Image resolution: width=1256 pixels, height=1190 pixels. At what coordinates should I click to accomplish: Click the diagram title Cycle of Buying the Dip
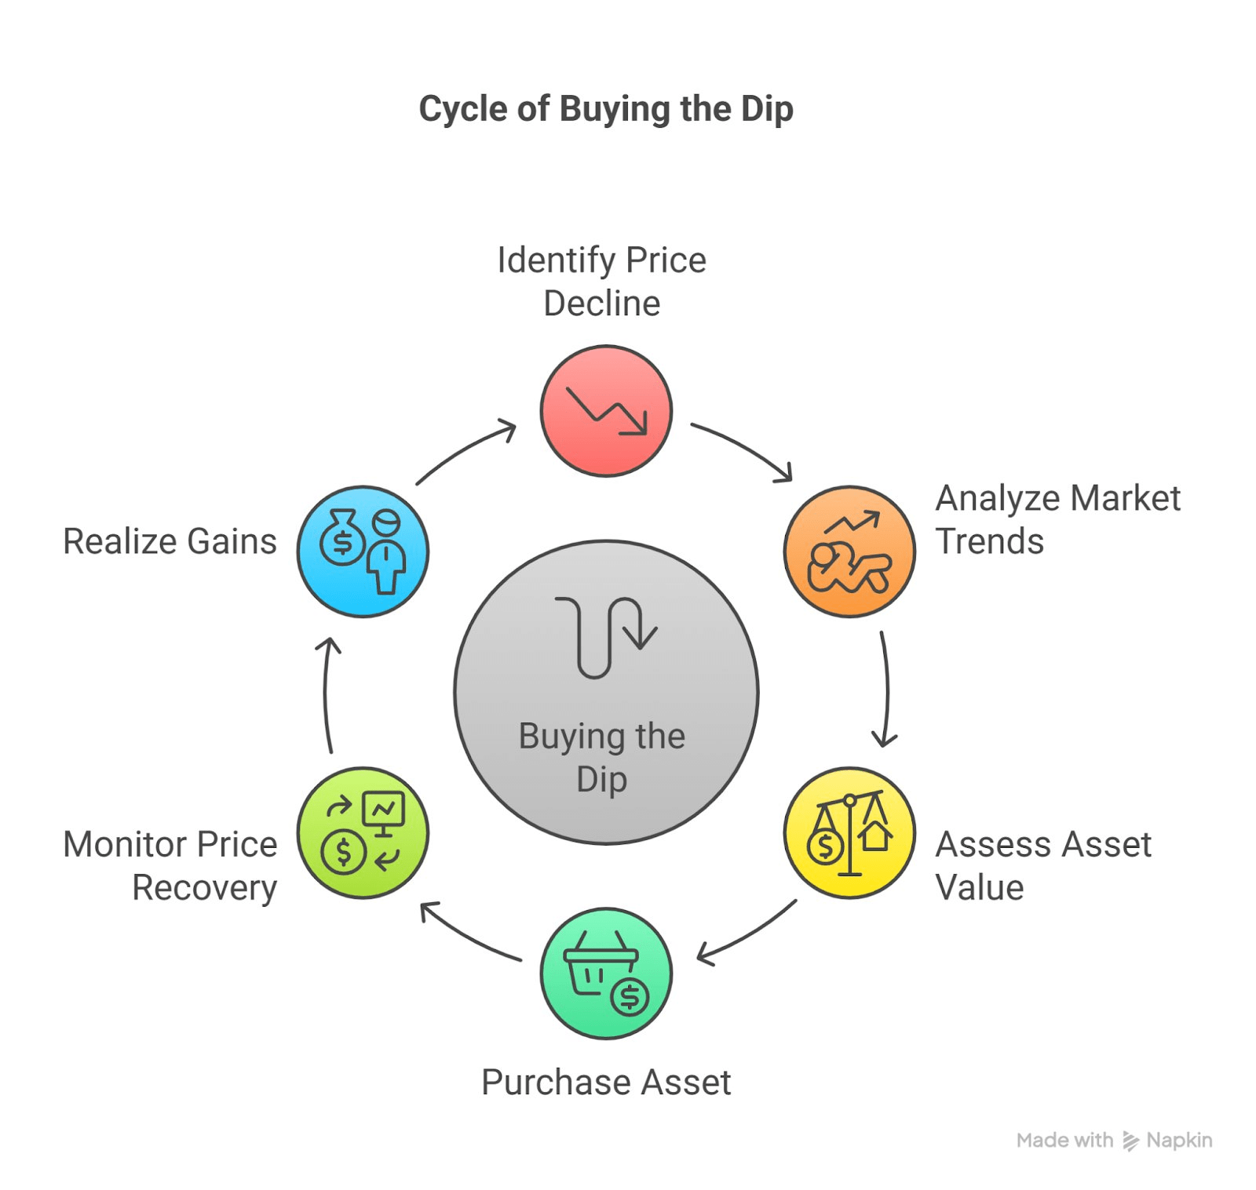(x=606, y=108)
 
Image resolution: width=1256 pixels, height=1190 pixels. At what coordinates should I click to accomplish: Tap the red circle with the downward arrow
(x=606, y=410)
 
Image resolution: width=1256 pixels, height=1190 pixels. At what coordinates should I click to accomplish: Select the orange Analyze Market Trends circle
(x=849, y=551)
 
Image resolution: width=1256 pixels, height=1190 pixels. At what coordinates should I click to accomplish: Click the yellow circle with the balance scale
(x=849, y=832)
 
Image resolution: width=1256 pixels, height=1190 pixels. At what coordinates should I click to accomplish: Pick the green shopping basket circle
(x=606, y=973)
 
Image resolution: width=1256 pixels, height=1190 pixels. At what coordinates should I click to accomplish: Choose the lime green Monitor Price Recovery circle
(x=363, y=832)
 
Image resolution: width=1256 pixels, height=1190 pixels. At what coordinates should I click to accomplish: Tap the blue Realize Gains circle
(x=363, y=551)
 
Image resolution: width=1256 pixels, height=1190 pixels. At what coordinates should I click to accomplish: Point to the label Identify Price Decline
(x=601, y=282)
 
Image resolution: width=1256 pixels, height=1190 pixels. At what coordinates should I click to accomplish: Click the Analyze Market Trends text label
(x=1057, y=519)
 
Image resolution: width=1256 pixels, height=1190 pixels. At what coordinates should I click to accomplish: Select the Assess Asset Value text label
(x=1042, y=865)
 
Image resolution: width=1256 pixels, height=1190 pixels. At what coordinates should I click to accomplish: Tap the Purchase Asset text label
(x=606, y=1082)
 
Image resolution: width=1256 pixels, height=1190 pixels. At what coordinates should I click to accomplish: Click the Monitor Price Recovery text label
(x=170, y=865)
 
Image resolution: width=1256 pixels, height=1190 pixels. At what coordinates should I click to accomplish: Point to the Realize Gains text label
(x=170, y=541)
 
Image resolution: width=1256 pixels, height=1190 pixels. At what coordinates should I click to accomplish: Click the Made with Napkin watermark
(x=1114, y=1140)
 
